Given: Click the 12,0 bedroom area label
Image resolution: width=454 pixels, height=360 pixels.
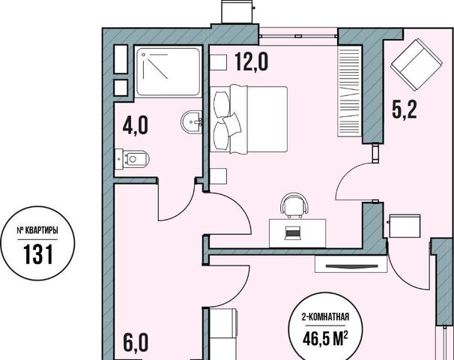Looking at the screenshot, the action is pos(251,61).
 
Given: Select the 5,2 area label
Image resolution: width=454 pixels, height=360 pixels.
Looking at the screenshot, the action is pos(405,109).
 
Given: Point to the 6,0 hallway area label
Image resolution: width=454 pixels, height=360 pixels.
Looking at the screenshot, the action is pos(136,342).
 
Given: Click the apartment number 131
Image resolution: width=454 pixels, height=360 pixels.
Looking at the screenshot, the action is pos(38,254).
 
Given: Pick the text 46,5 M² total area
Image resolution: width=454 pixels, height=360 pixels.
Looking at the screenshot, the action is pos(325,338).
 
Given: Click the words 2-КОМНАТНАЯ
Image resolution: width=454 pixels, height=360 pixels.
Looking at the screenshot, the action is pos(325,317).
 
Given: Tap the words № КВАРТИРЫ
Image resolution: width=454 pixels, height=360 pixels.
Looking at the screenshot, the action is pos(37,230).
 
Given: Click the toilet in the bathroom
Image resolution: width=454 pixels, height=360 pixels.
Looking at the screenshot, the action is pos(132,159).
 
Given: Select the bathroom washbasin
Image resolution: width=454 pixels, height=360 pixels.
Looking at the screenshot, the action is pos(191,121).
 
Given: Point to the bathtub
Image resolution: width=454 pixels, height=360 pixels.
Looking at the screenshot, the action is pos(169,72).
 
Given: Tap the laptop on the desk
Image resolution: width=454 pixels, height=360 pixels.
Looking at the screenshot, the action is pos(292,233).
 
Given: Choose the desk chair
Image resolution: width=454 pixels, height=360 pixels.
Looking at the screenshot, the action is pos(294,205).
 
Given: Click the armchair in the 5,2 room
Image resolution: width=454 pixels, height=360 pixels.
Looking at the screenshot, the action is pos(416,64).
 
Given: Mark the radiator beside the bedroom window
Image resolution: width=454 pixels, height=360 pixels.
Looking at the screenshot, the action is pos(350,91).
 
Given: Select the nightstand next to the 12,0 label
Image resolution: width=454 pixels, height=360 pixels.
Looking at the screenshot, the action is pos(218,62).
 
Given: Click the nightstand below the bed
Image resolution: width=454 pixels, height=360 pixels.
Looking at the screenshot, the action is pos(218,175).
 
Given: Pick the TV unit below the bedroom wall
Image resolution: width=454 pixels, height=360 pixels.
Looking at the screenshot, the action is pos(351,264).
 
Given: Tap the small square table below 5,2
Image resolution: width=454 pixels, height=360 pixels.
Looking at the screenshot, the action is pos(405,226).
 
